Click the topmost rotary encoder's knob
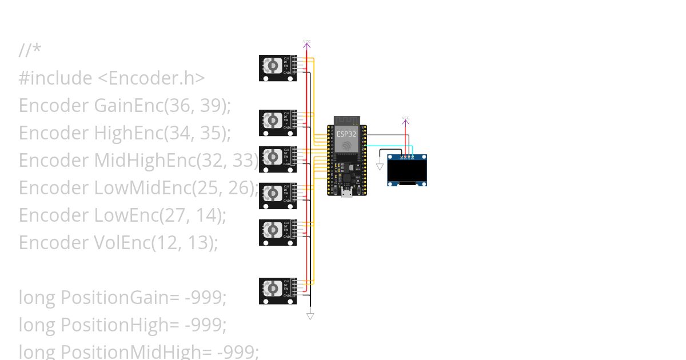(x=273, y=67)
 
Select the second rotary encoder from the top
(x=278, y=123)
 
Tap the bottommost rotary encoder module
(x=278, y=291)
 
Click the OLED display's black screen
(x=407, y=170)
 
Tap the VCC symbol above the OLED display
(x=405, y=120)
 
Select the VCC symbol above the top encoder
(x=307, y=43)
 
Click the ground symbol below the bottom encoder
(x=310, y=315)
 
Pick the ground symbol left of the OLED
(x=380, y=167)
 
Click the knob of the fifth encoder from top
(x=273, y=232)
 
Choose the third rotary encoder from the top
(x=278, y=159)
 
